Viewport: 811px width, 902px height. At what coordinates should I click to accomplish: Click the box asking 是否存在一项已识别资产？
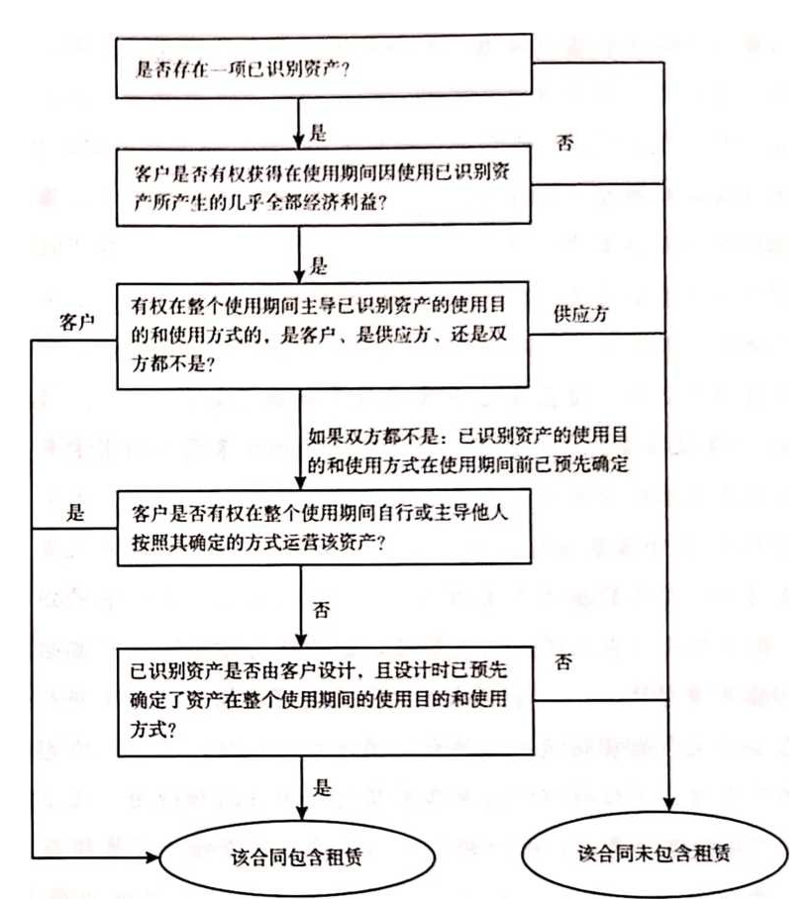[x=326, y=70]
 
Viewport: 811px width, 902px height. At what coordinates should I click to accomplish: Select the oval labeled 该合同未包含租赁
[x=655, y=853]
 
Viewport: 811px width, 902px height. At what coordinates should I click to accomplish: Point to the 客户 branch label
[x=77, y=323]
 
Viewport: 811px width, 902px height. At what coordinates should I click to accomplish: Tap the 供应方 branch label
[x=581, y=313]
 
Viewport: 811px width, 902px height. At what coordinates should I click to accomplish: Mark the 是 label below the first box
[x=319, y=131]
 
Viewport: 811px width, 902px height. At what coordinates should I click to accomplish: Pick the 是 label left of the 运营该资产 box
[x=75, y=513]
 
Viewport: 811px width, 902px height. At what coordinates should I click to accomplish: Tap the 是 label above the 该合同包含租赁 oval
[x=320, y=788]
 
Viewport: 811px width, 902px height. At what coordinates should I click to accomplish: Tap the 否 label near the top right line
[x=565, y=143]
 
